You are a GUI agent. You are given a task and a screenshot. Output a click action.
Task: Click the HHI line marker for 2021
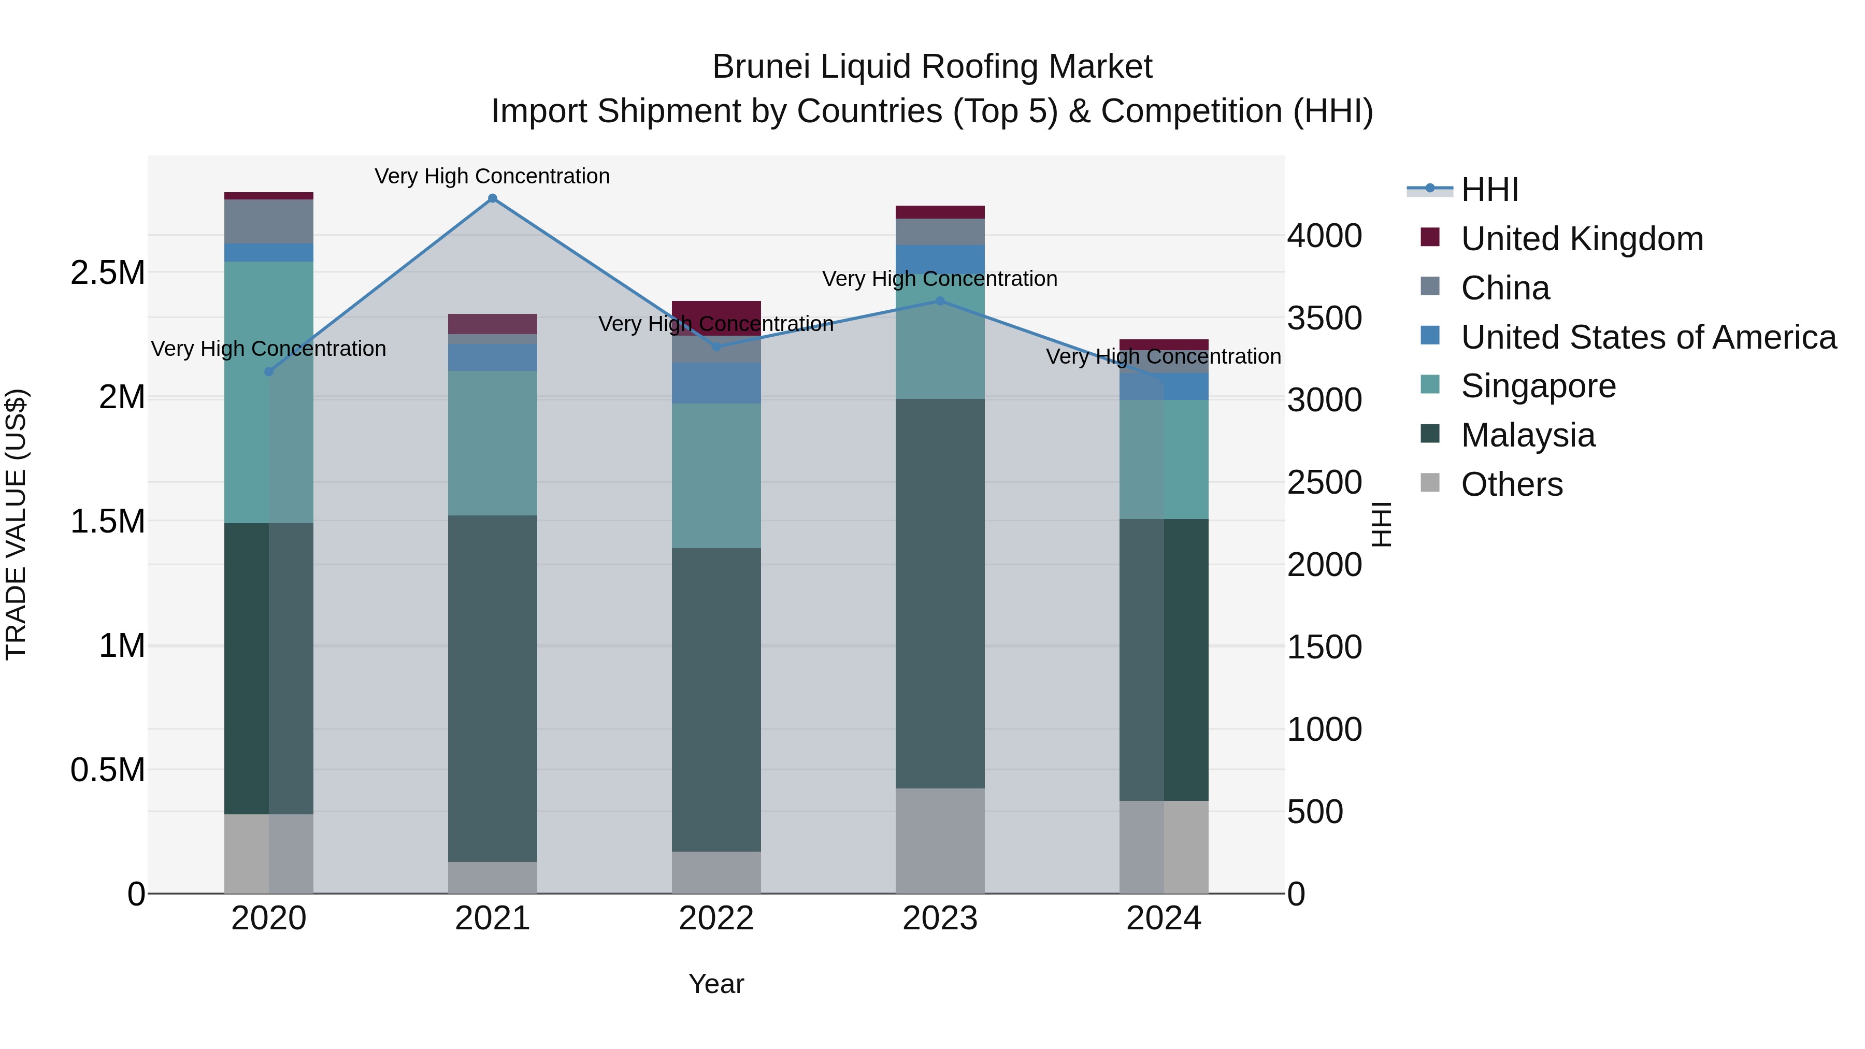(x=492, y=198)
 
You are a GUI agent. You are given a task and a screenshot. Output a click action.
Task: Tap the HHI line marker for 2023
(x=940, y=301)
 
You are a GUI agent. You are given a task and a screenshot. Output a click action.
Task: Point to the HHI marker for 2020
(x=268, y=371)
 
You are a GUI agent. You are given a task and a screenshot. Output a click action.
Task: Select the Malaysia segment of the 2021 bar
(x=492, y=688)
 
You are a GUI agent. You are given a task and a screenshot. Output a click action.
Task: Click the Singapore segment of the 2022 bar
(x=716, y=475)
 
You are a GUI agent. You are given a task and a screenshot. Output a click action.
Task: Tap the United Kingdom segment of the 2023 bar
(x=940, y=212)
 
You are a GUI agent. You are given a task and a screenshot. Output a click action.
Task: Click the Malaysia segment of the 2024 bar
(x=1164, y=659)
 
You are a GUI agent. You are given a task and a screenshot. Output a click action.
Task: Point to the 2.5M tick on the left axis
(x=108, y=273)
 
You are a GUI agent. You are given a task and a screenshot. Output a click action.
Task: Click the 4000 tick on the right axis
(x=1324, y=236)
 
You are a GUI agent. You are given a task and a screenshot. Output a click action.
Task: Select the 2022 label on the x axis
(x=716, y=918)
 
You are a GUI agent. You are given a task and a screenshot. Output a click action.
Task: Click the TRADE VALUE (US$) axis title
(x=17, y=524)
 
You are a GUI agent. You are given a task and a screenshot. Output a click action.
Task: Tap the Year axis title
(x=716, y=984)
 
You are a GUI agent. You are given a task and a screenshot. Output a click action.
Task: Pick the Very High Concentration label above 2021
(x=492, y=176)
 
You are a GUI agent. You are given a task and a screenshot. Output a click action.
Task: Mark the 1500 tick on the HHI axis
(x=1324, y=647)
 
